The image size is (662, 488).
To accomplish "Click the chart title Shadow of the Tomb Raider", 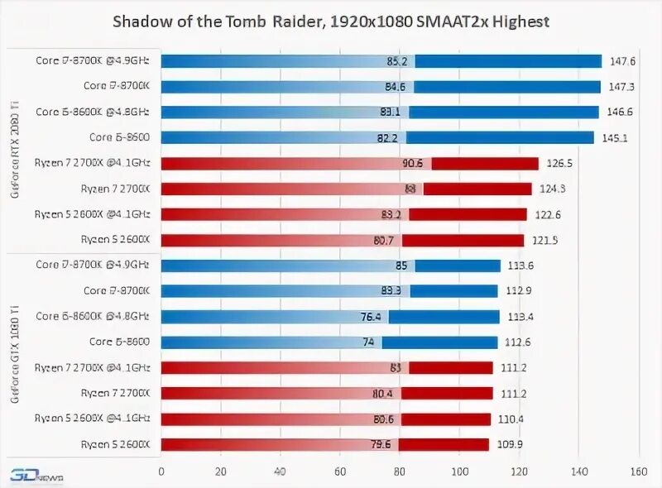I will pyautogui.click(x=331, y=20).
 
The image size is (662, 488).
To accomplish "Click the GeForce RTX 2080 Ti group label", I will pyautogui.click(x=14, y=152).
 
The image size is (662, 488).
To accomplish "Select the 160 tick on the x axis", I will pyautogui.click(x=637, y=472).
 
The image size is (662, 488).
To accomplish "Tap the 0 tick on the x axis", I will pyautogui.click(x=161, y=472).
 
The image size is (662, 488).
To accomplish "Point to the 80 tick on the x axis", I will pyautogui.click(x=399, y=472).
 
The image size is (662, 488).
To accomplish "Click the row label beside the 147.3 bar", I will pyautogui.click(x=117, y=86).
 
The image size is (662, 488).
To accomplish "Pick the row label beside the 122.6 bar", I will pyautogui.click(x=92, y=214).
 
